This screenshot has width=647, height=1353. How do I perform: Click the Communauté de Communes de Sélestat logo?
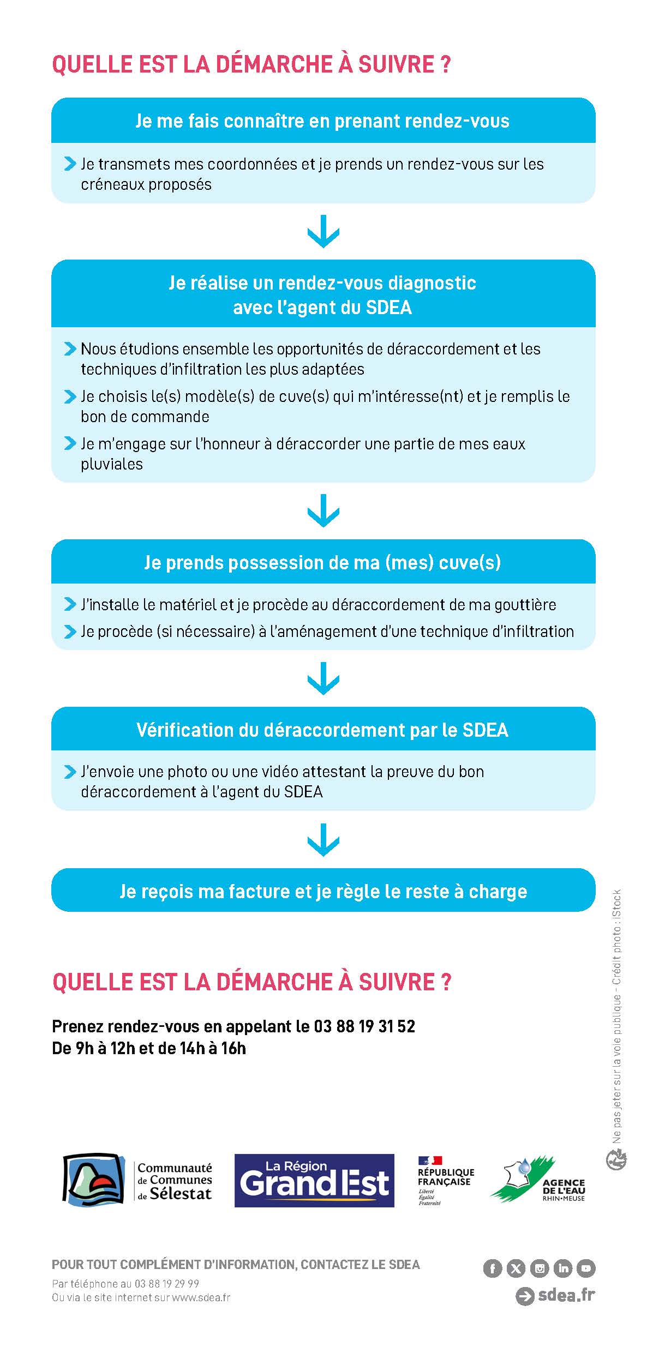coord(137,1180)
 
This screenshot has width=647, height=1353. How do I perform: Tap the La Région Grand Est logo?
coord(314,1180)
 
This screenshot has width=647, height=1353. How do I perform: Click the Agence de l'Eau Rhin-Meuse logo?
coord(538,1179)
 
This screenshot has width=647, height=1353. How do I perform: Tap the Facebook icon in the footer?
coord(492,1268)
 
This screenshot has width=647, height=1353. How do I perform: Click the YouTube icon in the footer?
coord(586,1268)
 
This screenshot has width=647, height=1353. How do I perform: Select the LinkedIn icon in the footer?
coord(562,1268)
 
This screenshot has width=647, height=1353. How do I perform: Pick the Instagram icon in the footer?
coord(539,1268)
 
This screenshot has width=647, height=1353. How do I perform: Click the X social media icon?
coord(516,1268)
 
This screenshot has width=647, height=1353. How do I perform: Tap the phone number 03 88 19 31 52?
coord(364,1026)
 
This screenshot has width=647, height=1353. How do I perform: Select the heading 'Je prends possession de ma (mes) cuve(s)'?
coord(322,562)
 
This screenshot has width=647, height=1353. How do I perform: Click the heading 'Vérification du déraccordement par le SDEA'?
coord(322,730)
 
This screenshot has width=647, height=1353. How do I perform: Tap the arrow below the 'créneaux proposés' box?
coord(323,231)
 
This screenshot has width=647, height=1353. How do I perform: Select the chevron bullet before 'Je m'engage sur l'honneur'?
coord(70,443)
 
